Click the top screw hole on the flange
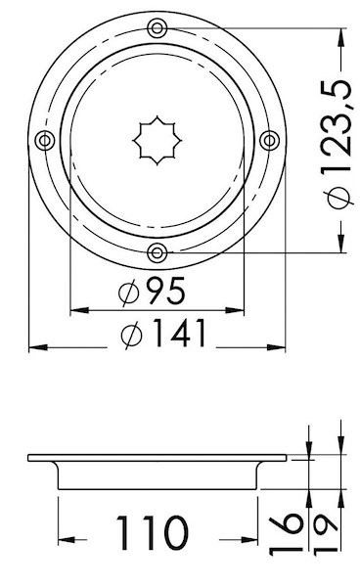click(157, 28)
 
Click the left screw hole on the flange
click(45, 141)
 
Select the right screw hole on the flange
click(269, 141)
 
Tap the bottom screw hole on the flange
click(157, 253)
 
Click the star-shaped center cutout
click(157, 140)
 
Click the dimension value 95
click(165, 291)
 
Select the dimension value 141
click(180, 333)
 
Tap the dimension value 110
click(152, 533)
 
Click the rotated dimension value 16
click(286, 533)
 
